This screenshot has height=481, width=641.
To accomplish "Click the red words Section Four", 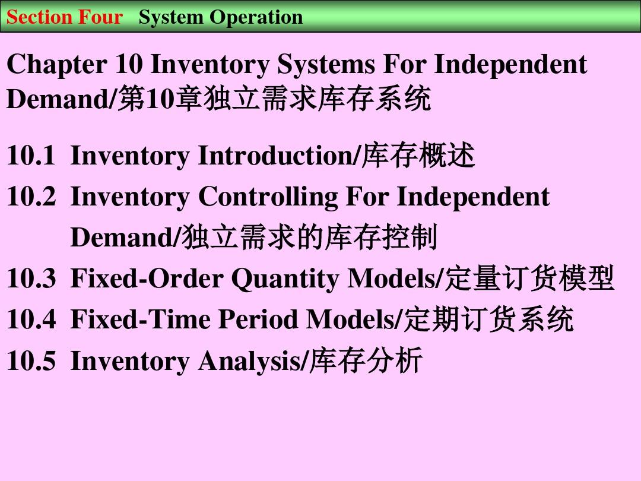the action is click(65, 17).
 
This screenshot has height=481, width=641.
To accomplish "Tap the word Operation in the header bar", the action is click(256, 18).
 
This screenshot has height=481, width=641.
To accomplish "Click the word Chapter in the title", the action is click(57, 65).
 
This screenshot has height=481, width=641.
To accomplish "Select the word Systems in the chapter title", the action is click(326, 65).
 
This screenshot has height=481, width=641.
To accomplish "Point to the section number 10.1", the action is click(31, 156).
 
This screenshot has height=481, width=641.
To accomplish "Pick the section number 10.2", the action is click(31, 197).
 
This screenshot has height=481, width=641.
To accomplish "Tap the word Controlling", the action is click(268, 197).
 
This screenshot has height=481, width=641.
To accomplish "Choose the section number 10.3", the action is click(31, 278).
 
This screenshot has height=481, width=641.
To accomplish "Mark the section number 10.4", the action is click(31, 319).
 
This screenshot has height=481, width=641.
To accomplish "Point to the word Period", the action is click(258, 319).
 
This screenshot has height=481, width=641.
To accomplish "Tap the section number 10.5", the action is click(31, 360).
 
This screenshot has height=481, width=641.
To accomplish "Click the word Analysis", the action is click(249, 361).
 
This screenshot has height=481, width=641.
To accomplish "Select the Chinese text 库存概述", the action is click(418, 156).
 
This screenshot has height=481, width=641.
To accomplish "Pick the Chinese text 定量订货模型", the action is click(530, 278).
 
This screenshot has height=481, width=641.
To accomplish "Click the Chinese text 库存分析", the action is click(366, 360).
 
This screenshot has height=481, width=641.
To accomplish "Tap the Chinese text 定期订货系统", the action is click(489, 319).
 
